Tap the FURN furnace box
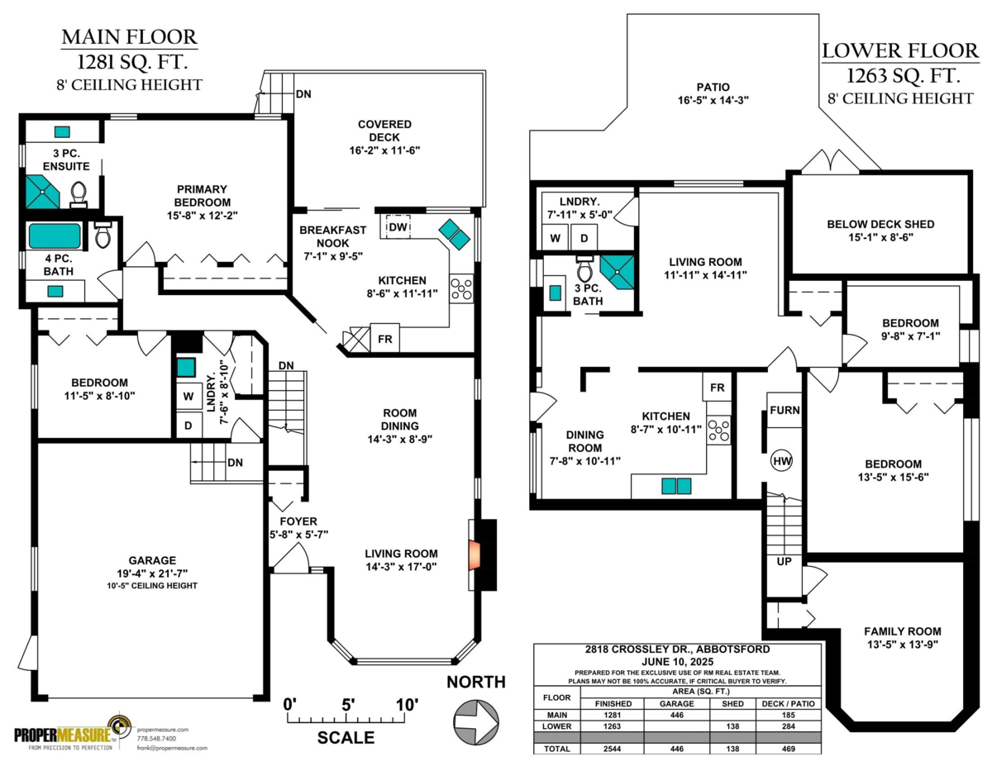pyautogui.click(x=783, y=411)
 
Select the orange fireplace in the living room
pyautogui.click(x=474, y=554)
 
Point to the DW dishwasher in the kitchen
pyautogui.click(x=398, y=226)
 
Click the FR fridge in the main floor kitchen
pyautogui.click(x=384, y=339)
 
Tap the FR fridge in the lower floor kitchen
pyautogui.click(x=717, y=388)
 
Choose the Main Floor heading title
pyautogui.click(x=130, y=37)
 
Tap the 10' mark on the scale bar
pyautogui.click(x=406, y=705)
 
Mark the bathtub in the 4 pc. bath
pyautogui.click(x=55, y=236)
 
